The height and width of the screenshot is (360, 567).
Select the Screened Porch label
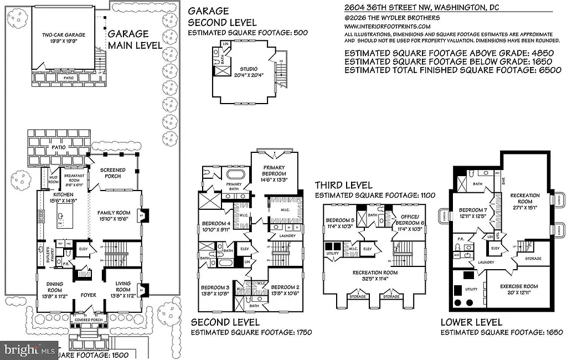pyautogui.click(x=112, y=173)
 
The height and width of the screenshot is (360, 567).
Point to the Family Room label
pyautogui.click(x=114, y=213)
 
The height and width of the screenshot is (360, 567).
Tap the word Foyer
pyautogui.click(x=88, y=295)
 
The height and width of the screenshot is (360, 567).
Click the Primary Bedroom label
pyautogui.click(x=274, y=171)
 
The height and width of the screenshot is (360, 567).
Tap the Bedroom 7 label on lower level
pyautogui.click(x=473, y=210)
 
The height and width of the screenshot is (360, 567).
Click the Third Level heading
pyautogui.click(x=343, y=185)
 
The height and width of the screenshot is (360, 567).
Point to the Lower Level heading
pyautogui.click(x=471, y=322)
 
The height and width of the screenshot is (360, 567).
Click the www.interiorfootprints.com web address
pyautogui.click(x=387, y=26)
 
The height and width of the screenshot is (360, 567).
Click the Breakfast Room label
pyautogui.click(x=74, y=176)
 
